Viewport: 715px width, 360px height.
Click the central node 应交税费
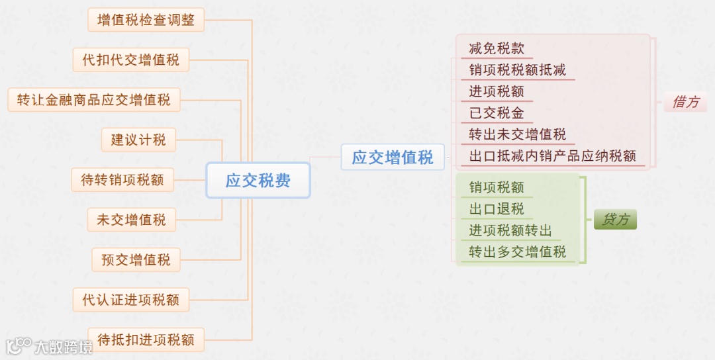coord(258,180)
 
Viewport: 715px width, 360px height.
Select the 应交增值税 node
coord(393,157)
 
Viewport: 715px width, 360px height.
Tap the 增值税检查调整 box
coord(146,20)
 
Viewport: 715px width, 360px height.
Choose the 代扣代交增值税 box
coord(131,60)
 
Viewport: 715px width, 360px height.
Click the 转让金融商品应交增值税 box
coord(94,100)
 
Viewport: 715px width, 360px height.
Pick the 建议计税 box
coord(138,140)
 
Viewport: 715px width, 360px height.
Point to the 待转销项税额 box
coord(122,179)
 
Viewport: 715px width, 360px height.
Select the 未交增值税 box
coord(131,220)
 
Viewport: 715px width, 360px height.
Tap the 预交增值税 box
coord(136,260)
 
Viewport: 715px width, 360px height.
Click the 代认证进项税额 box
coord(131,300)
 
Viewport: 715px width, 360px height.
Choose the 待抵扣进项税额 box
coord(146,340)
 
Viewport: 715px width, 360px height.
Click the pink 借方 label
coord(685,103)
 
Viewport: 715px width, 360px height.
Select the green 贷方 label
coord(615,220)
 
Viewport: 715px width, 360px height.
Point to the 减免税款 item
coord(497,48)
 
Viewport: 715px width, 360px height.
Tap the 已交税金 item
coord(497,112)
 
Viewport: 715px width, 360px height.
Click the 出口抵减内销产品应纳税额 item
coord(552,156)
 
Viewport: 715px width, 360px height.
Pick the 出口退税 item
coord(497,209)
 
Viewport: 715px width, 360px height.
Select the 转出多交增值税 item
coord(518,251)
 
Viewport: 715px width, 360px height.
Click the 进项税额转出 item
coord(510,230)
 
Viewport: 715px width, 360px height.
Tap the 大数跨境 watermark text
coord(64,347)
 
